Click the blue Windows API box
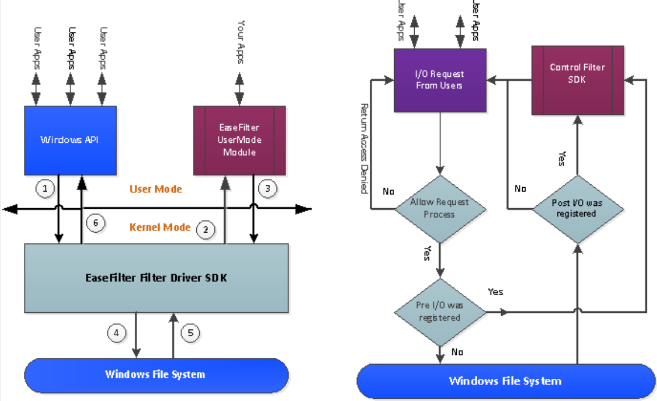pyautogui.click(x=70, y=140)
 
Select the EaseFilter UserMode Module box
pyautogui.click(x=239, y=140)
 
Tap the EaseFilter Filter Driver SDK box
pyautogui.click(x=156, y=278)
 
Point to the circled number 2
pyautogui.click(x=205, y=230)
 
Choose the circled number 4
pyautogui.click(x=117, y=333)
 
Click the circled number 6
pyautogui.click(x=96, y=224)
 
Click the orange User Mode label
pyautogui.click(x=156, y=189)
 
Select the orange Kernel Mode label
pyautogui.click(x=159, y=228)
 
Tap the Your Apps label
pyautogui.click(x=240, y=42)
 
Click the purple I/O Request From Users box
pyautogui.click(x=440, y=80)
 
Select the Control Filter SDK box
pyautogui.click(x=577, y=81)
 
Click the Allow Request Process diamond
pyautogui.click(x=440, y=208)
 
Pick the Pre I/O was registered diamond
pyautogui.click(x=440, y=312)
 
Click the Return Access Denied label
pyautogui.click(x=365, y=148)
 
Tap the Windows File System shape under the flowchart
pyautogui.click(x=505, y=381)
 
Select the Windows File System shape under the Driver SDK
pyautogui.click(x=155, y=374)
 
